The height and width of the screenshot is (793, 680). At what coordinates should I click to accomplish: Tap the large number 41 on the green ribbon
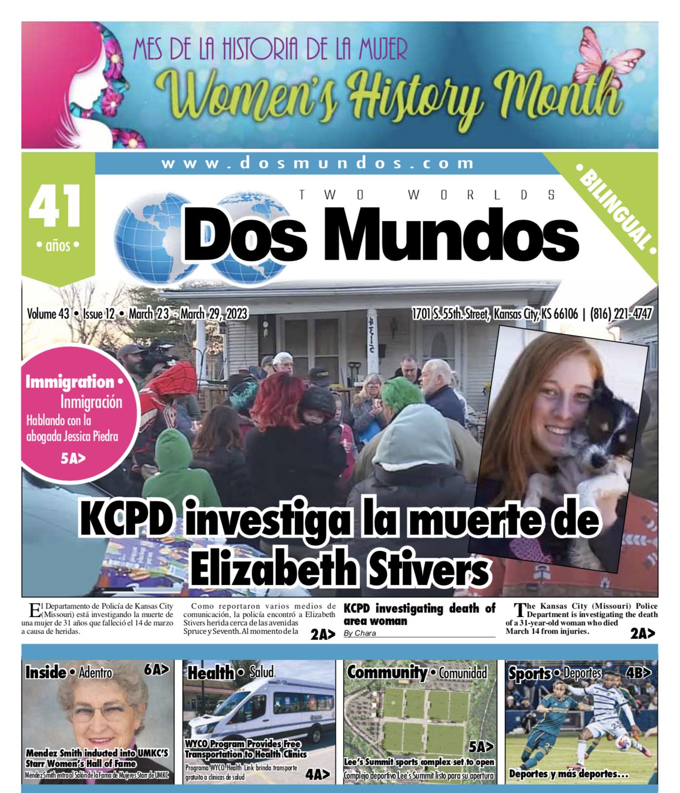(x=55, y=206)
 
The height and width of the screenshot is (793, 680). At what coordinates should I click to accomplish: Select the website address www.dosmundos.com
(x=318, y=163)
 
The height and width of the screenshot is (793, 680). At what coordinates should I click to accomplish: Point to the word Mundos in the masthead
(x=450, y=234)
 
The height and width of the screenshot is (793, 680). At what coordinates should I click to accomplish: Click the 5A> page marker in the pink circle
(x=73, y=459)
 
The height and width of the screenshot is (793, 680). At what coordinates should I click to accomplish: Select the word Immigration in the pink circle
(x=70, y=382)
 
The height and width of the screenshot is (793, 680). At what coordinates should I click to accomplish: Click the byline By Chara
(x=360, y=633)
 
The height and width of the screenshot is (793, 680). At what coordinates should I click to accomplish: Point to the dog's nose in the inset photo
(x=598, y=461)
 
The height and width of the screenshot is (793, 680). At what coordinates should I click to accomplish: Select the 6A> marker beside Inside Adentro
(x=156, y=669)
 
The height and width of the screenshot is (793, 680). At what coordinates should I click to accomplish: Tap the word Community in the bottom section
(x=387, y=672)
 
